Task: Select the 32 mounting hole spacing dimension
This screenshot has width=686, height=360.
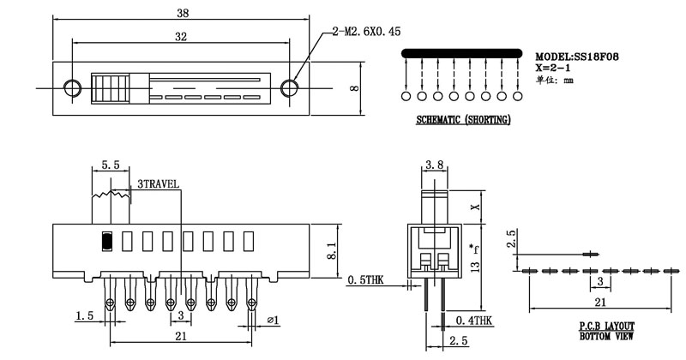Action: tap(180, 37)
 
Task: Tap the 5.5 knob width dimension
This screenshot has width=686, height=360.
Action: tap(110, 164)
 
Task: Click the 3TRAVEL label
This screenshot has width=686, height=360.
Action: tap(158, 184)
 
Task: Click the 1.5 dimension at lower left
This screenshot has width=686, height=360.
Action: tap(84, 316)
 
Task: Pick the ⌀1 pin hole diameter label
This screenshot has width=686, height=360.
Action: tap(273, 320)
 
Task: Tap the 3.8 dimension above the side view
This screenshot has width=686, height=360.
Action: tap(433, 164)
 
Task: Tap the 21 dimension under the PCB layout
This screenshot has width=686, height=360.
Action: tap(603, 302)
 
